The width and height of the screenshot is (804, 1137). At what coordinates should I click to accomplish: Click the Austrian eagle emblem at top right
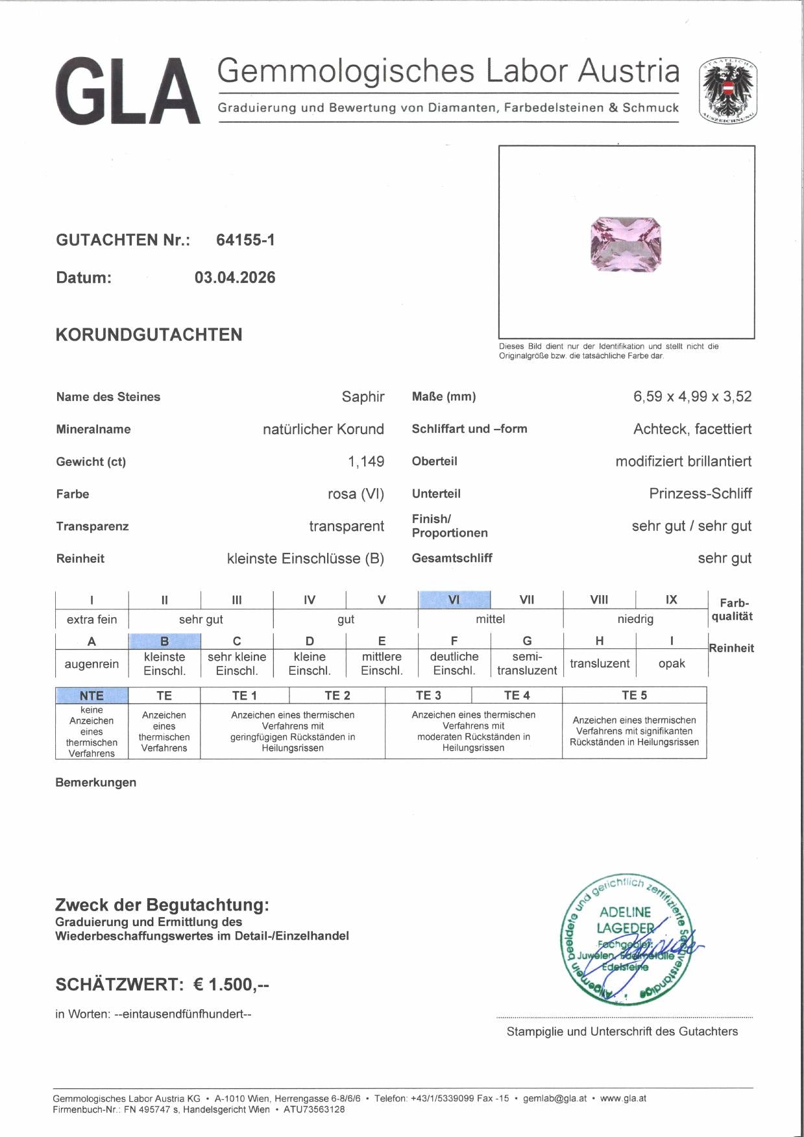[728, 92]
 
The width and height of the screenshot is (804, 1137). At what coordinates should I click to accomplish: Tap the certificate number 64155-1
[245, 240]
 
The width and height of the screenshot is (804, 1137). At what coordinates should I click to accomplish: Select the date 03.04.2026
[235, 278]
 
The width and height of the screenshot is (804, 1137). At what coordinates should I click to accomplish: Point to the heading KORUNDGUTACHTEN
[149, 335]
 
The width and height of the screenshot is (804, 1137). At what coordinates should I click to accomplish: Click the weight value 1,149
[366, 461]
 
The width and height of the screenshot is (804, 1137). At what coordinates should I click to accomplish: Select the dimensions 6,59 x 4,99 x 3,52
[692, 397]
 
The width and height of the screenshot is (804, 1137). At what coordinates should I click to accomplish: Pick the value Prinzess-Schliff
[700, 494]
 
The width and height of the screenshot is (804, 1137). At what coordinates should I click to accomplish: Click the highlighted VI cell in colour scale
[454, 600]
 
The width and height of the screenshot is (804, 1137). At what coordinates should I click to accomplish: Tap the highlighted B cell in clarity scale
[165, 641]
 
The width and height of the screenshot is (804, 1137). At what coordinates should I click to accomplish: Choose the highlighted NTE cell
[91, 696]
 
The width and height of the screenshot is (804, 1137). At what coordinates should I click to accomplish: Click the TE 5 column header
[634, 696]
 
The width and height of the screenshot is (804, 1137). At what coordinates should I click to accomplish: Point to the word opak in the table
[672, 664]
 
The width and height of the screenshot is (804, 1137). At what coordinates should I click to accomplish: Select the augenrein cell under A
[91, 664]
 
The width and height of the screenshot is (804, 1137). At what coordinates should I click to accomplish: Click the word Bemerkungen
[96, 783]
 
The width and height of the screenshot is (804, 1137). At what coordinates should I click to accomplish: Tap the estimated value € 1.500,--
[231, 984]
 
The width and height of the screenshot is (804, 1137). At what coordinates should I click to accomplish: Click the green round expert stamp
[626, 938]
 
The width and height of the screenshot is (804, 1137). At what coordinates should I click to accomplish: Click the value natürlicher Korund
[323, 429]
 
